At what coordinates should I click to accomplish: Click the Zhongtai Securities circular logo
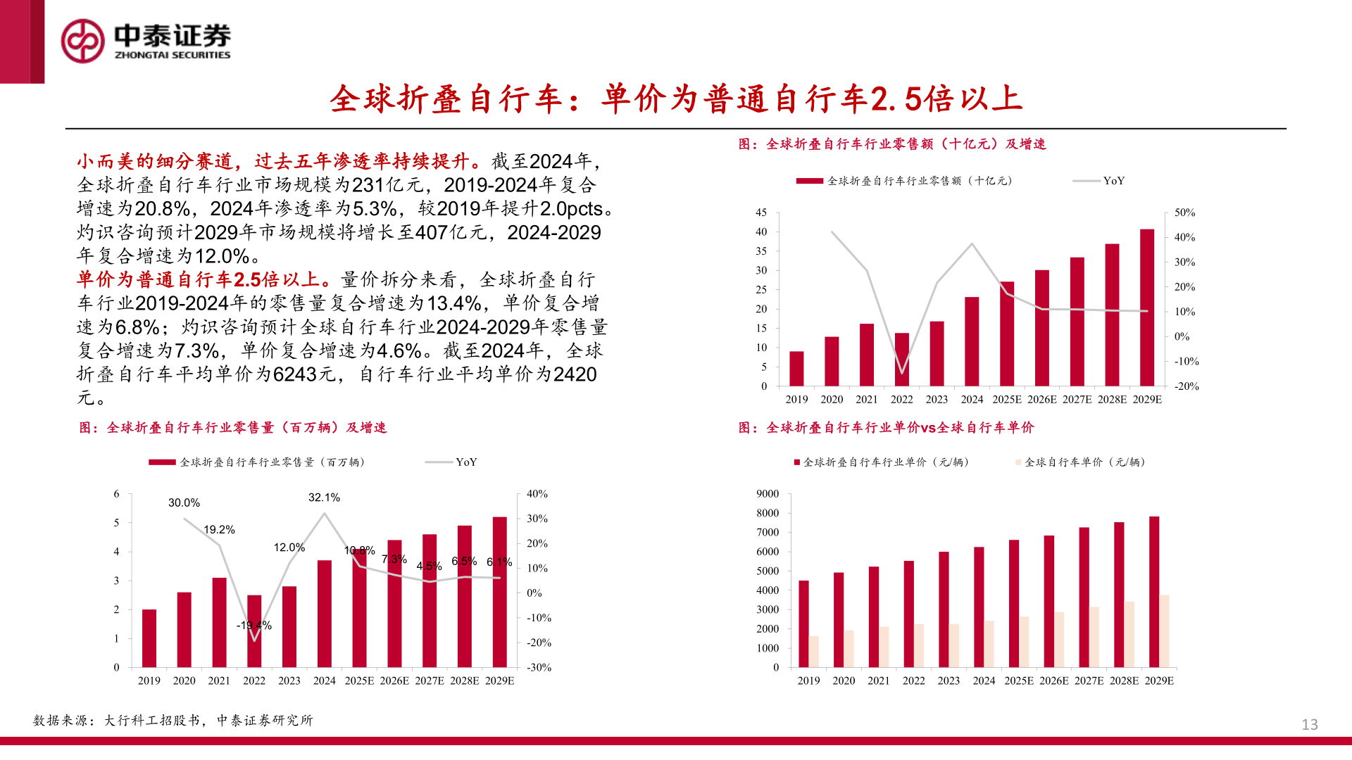82,41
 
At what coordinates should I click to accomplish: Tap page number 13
1309,724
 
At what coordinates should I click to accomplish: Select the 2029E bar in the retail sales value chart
1147,308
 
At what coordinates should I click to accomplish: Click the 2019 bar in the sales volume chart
149,638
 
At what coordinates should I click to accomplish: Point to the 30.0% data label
184,502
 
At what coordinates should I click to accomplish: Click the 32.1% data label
324,498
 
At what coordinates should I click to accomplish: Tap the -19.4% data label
254,625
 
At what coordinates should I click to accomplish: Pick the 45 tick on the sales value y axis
760,213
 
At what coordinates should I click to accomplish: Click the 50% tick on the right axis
1184,213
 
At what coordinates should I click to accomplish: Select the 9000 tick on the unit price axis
768,494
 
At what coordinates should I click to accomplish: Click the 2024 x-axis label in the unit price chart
984,680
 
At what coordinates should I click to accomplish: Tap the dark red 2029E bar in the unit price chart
1154,592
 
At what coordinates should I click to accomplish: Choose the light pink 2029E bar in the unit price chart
1165,631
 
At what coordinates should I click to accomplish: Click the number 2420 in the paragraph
575,374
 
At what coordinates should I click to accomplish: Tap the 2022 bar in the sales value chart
901,360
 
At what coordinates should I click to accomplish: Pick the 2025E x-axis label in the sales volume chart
359,680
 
